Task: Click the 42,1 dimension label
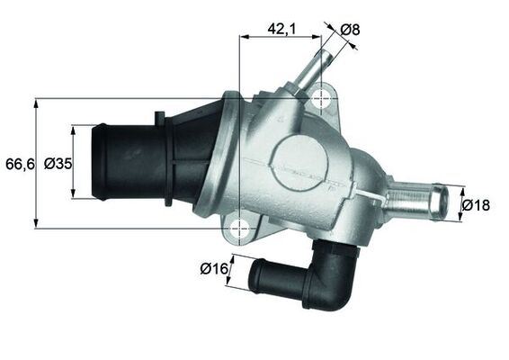point(282,29)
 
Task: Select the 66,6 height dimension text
point(18,164)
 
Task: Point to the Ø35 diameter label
point(58,164)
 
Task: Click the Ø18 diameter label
point(477,205)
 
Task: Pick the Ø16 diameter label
point(212,267)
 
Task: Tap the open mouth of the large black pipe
point(102,164)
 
